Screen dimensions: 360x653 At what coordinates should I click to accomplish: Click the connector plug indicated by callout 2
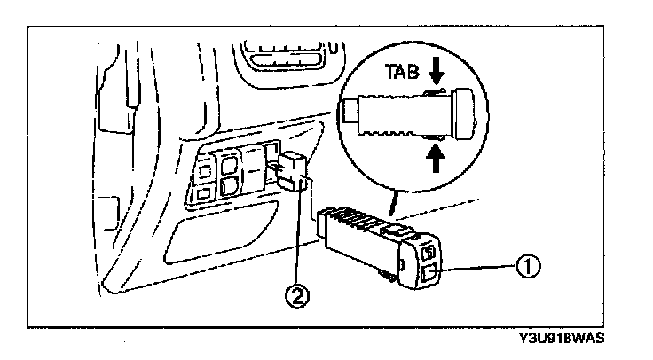tap(292, 171)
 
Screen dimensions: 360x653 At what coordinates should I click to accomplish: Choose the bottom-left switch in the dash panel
tap(203, 191)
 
